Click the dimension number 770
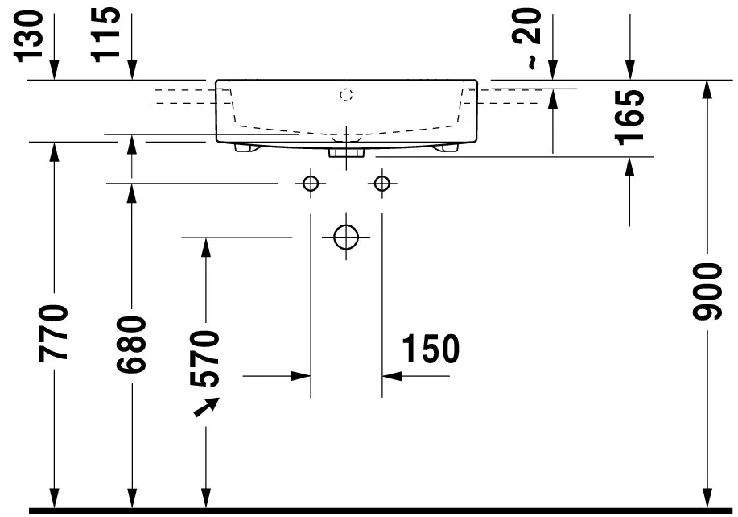[x=55, y=332]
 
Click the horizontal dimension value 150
[x=431, y=349]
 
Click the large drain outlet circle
[x=346, y=238]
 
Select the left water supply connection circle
[x=311, y=184]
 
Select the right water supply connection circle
[x=381, y=184]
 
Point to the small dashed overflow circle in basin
[x=346, y=96]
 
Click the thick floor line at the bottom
[x=378, y=511]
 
